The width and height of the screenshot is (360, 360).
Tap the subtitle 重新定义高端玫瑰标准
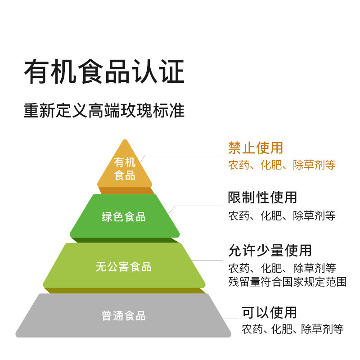(x=104, y=110)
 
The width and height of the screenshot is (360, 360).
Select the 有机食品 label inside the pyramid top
(x=125, y=169)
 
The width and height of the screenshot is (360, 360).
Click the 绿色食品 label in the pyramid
(x=124, y=217)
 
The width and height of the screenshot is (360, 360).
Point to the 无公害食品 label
(x=124, y=267)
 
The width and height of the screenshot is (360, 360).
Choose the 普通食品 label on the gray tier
(x=124, y=316)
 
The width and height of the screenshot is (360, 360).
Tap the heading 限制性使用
(x=263, y=197)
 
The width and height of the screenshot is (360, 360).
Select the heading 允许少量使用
(x=270, y=250)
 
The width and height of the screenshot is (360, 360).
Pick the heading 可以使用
(x=270, y=312)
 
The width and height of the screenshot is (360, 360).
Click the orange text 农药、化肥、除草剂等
(x=282, y=165)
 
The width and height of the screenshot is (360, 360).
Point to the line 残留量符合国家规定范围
(x=288, y=282)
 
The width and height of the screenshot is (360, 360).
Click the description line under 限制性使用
(x=282, y=216)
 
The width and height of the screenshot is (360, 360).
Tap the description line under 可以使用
(x=293, y=329)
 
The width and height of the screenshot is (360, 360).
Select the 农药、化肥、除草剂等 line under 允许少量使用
(x=282, y=269)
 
